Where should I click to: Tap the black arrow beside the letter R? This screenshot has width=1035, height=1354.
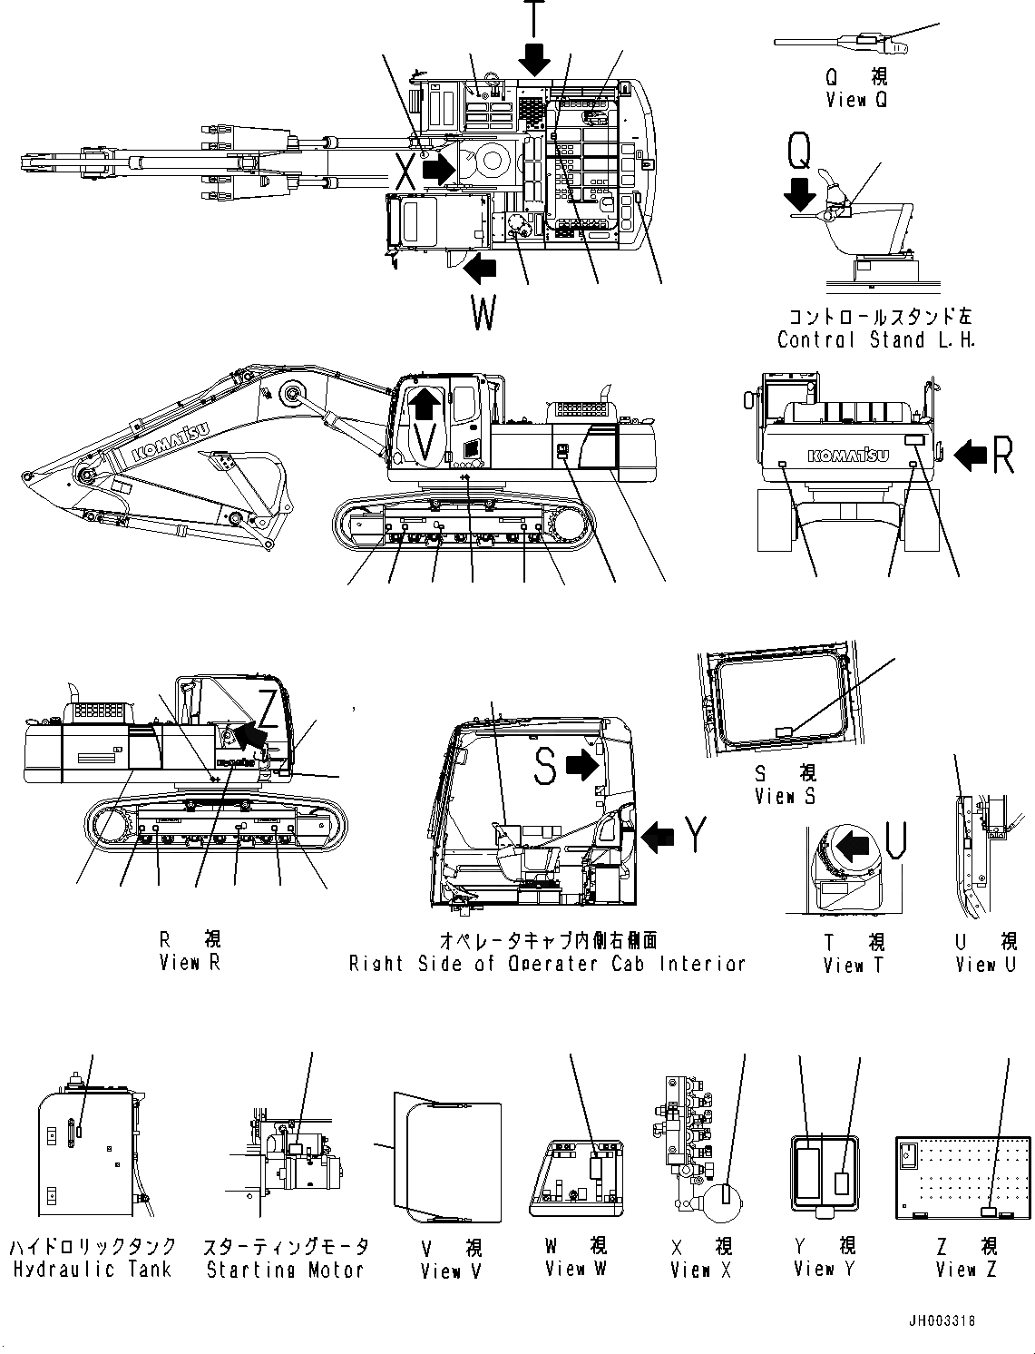(971, 455)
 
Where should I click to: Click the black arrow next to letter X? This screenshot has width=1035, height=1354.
(439, 169)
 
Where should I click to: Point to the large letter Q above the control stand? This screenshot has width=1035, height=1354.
(799, 151)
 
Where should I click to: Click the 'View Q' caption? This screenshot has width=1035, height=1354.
(856, 100)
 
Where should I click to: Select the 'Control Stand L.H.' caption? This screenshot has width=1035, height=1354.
(875, 340)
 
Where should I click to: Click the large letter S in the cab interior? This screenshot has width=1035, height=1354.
(544, 768)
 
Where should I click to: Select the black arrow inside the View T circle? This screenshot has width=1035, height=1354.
(854, 848)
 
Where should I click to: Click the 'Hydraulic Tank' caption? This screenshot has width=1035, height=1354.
(92, 1270)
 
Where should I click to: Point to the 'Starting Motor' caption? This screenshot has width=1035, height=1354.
(285, 1270)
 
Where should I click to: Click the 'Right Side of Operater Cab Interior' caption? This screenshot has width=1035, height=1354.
(547, 964)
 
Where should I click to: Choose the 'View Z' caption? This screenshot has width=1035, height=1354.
(967, 1269)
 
